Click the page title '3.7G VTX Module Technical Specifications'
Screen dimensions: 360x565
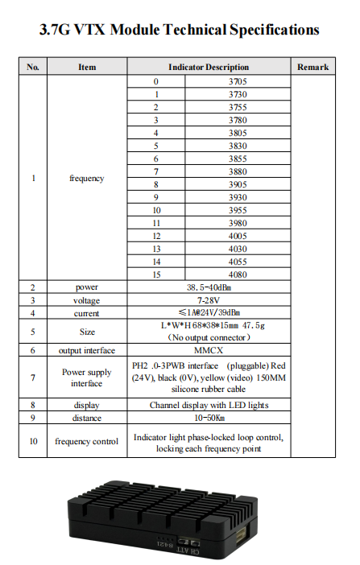[180, 31]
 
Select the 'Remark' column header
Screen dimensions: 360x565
[312, 67]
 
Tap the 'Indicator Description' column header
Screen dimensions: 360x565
[208, 67]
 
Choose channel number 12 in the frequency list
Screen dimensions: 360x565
[156, 235]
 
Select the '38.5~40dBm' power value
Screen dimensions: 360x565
[208, 287]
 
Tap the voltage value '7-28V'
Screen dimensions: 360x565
[208, 299]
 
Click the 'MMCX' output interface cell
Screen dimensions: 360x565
[208, 350]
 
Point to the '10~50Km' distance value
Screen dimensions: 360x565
[208, 418]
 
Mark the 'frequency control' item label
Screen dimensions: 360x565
[86, 441]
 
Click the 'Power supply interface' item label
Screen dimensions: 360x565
[86, 377]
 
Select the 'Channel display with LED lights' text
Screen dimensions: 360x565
[208, 405]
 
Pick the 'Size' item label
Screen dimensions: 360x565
[86, 331]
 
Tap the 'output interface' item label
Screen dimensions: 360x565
[86, 350]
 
